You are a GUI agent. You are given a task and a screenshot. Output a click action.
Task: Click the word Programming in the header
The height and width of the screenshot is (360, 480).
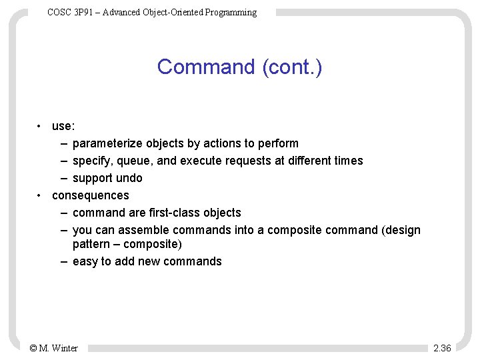231,12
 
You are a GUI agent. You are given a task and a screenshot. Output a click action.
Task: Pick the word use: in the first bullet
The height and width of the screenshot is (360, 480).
63,126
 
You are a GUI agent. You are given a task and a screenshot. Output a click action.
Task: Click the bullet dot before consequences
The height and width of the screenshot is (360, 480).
41,195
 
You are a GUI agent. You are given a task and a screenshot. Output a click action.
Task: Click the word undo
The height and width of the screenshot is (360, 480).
129,178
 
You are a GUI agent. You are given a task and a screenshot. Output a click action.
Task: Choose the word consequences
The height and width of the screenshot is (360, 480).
91,195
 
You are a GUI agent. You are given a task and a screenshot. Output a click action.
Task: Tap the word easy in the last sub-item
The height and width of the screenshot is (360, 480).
85,261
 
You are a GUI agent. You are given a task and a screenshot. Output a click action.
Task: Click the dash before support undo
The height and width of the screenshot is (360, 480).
62,178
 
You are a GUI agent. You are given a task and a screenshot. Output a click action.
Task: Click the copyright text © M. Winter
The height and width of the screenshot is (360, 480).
54,348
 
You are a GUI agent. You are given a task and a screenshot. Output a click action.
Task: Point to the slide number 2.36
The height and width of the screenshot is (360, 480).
442,348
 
